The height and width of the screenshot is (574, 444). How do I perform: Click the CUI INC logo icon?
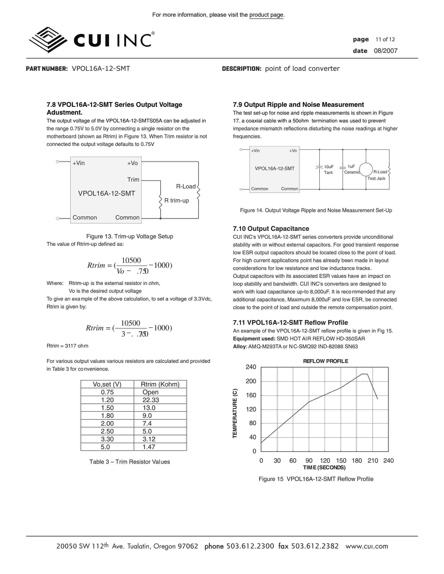click(x=48, y=40)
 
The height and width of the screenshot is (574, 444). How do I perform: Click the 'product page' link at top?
click(x=266, y=15)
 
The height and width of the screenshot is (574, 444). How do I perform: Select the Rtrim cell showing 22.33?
click(x=151, y=400)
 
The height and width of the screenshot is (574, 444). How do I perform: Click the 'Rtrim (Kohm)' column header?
click(x=160, y=384)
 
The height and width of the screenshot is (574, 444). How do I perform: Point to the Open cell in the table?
click(x=150, y=392)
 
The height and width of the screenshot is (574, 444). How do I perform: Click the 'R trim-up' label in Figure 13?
click(x=177, y=201)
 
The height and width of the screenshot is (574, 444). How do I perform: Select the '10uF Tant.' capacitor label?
click(x=329, y=170)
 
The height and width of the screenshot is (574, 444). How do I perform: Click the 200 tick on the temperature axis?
click(x=251, y=381)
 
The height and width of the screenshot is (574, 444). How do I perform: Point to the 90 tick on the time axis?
click(x=309, y=460)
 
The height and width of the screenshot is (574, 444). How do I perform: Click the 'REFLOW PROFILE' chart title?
click(x=325, y=361)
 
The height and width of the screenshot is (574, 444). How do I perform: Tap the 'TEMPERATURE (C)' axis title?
click(x=235, y=413)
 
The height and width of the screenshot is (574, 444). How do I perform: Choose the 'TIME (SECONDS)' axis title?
click(x=324, y=468)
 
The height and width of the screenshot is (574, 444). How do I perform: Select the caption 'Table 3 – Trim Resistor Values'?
click(x=129, y=462)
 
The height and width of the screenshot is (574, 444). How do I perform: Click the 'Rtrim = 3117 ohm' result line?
click(x=67, y=346)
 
